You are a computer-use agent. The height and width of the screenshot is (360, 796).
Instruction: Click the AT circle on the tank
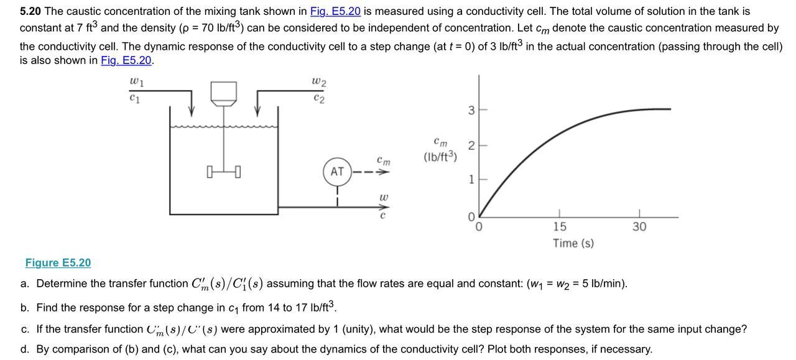point(337,172)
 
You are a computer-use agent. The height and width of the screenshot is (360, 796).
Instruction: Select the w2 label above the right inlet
point(318,82)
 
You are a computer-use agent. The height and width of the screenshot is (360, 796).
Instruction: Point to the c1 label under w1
point(134,97)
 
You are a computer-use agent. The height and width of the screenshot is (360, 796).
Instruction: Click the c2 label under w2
point(319,98)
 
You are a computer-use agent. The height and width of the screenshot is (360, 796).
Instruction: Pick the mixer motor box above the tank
point(224,92)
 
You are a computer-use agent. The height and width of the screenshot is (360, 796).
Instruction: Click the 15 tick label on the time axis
point(560,226)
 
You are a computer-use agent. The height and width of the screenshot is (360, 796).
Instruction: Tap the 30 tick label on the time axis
point(639,226)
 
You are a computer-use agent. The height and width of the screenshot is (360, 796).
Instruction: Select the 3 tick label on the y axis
point(471,111)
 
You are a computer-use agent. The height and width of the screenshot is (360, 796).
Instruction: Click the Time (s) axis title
point(573,243)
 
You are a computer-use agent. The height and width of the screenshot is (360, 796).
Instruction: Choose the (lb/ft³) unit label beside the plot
point(440,157)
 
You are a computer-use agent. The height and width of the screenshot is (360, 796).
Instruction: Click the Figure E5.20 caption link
point(58,262)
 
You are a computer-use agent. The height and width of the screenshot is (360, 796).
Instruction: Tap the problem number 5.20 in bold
point(30,11)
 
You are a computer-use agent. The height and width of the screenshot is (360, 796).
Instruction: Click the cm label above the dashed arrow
point(384,160)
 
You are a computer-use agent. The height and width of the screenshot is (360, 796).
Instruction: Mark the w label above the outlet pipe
point(384,198)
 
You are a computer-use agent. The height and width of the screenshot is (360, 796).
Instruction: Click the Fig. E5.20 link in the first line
point(335,11)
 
